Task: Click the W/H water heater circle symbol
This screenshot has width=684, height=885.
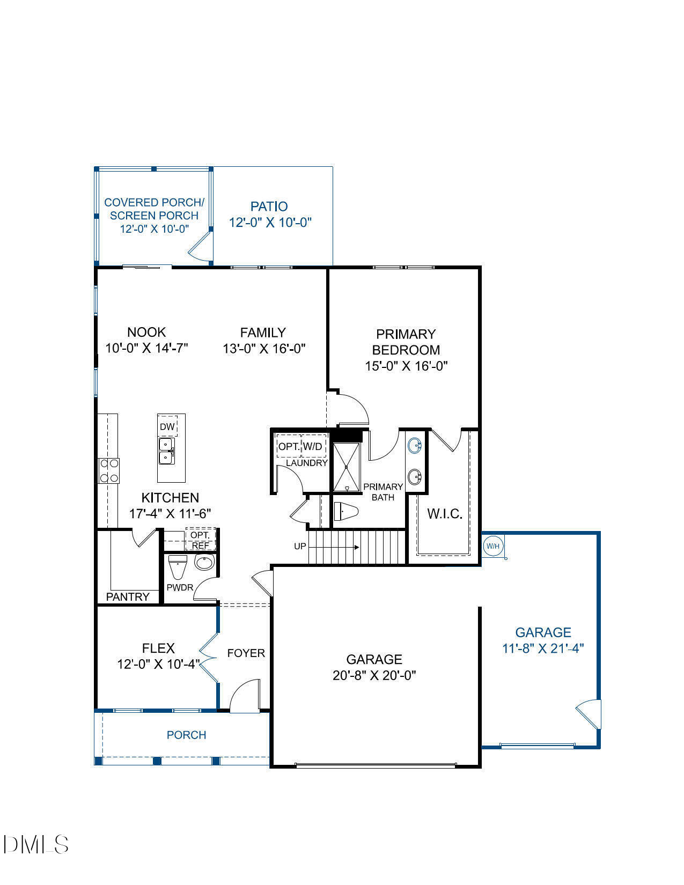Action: click(x=493, y=547)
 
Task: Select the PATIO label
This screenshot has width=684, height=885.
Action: click(x=269, y=206)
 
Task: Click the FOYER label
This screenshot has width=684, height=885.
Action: click(x=246, y=653)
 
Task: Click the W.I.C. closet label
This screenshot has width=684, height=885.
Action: click(x=445, y=514)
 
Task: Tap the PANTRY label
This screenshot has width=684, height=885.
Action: click(x=128, y=596)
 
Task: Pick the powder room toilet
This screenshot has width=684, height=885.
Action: click(x=177, y=566)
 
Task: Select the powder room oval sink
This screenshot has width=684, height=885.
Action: click(x=204, y=563)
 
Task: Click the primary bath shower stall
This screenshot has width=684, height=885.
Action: click(x=347, y=467)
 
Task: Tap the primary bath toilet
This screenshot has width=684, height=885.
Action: click(x=345, y=512)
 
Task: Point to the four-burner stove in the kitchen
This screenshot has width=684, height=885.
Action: click(x=108, y=471)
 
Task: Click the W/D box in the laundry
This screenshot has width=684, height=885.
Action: click(x=313, y=446)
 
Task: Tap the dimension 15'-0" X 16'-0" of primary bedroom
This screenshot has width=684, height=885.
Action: click(x=406, y=366)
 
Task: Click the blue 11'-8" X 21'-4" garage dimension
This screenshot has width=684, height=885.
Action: click(x=543, y=648)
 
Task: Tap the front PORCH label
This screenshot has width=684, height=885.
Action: click(x=186, y=735)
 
